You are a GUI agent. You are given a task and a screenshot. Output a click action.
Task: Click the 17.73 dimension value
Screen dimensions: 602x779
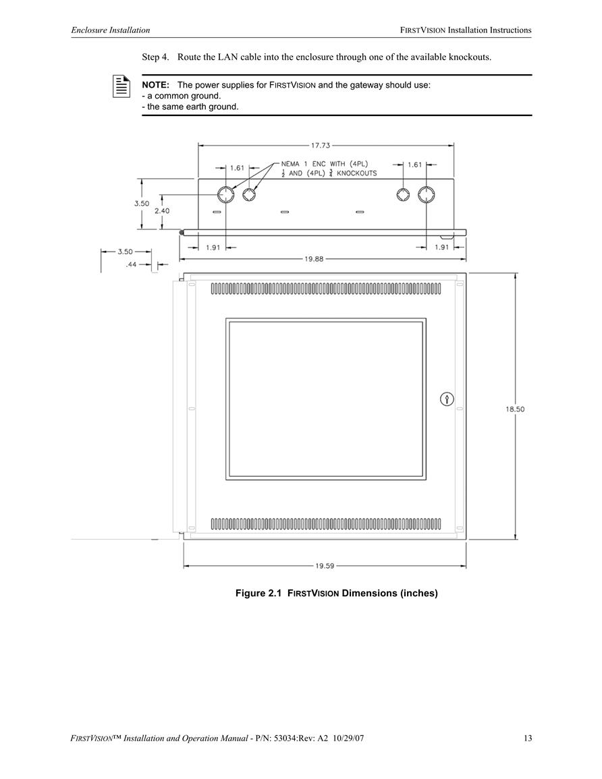321,146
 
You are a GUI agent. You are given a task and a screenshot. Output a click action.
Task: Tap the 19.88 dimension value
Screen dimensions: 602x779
314,259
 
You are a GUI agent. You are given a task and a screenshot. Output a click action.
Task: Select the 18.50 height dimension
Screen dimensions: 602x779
515,409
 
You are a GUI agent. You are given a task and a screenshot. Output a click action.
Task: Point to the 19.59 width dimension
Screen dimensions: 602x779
325,566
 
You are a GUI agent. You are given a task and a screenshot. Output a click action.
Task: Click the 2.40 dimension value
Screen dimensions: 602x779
161,210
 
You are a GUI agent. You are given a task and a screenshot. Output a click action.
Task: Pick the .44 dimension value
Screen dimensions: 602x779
131,265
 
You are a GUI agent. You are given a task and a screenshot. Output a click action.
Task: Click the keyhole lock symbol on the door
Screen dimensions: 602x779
447,399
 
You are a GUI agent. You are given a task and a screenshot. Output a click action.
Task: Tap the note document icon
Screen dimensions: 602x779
121,86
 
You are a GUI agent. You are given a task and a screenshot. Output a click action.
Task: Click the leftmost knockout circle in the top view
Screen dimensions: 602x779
225,194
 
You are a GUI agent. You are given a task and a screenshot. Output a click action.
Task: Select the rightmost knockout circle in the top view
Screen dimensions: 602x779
426,194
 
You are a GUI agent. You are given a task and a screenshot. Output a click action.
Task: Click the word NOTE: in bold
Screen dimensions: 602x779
156,85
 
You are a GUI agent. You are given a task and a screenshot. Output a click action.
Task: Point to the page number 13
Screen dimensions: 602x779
528,739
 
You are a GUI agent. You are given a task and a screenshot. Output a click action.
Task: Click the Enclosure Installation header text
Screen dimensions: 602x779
111,30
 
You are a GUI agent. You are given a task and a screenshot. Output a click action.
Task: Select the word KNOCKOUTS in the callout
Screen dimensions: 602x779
357,173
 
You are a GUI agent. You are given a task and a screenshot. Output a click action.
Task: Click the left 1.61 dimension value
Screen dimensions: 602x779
237,168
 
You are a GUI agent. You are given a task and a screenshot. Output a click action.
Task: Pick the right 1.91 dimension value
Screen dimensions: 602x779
441,248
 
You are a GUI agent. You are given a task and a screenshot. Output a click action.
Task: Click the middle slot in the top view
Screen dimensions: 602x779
284,212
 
